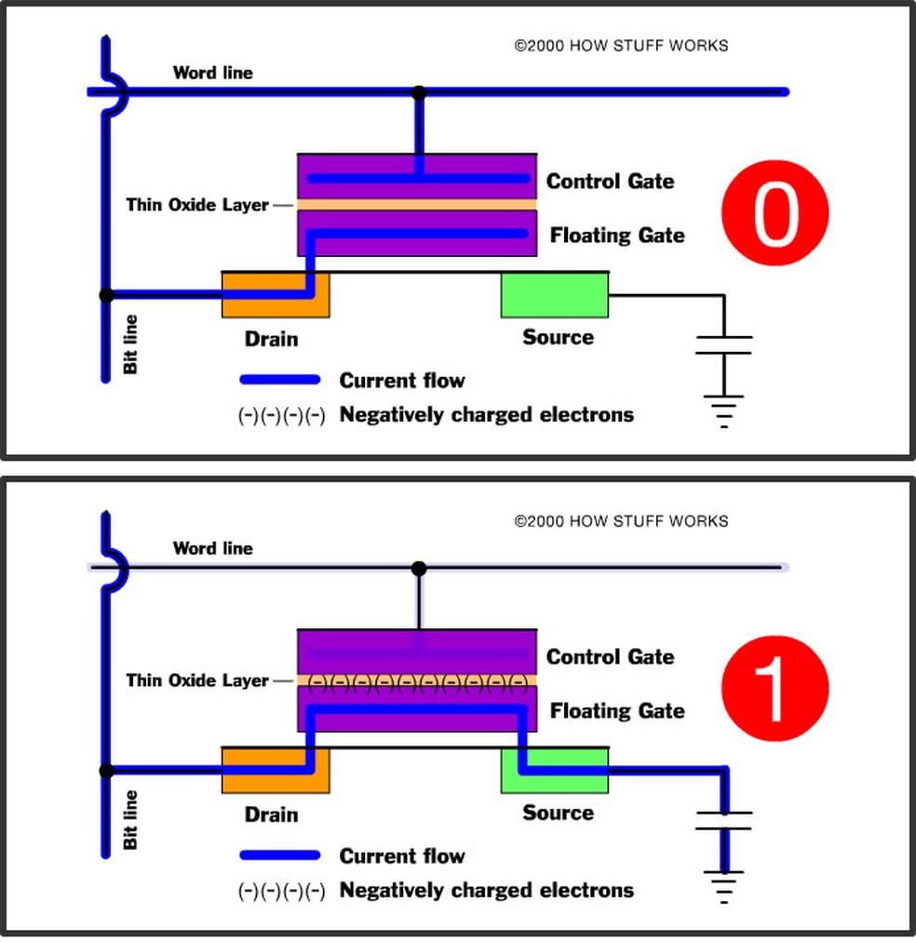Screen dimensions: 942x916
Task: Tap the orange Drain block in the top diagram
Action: tap(275, 294)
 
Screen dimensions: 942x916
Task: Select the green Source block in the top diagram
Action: tap(554, 295)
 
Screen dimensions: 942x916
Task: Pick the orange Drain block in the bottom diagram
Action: tap(275, 770)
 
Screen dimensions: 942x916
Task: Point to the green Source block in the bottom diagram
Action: tap(554, 770)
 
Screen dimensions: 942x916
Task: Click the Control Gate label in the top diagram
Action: tap(610, 181)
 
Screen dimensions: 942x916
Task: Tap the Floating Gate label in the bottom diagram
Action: tap(617, 711)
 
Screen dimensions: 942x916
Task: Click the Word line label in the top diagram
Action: tap(212, 73)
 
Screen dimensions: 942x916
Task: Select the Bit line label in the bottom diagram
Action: tap(130, 819)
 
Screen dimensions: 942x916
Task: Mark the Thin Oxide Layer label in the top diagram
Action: tap(197, 205)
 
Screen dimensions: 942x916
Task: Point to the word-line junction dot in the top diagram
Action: tap(419, 92)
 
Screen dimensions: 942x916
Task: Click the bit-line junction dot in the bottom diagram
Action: tap(106, 771)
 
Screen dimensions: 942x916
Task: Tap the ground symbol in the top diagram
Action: tap(723, 409)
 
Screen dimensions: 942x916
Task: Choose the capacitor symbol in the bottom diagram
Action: tap(723, 820)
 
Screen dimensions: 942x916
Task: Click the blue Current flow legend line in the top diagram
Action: tap(280, 380)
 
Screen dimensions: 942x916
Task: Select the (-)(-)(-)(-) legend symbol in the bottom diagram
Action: tap(280, 891)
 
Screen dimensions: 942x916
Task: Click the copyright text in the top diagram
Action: tap(621, 45)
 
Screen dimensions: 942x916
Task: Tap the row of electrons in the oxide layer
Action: tap(417, 681)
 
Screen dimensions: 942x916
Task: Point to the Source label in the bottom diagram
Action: tap(558, 813)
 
